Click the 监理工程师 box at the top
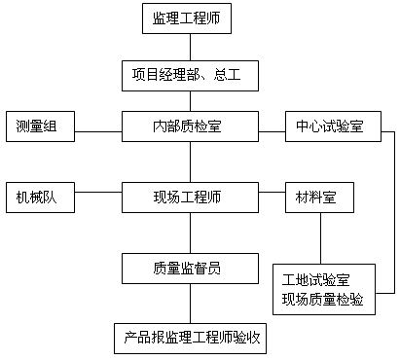click(187, 18)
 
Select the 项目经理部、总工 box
click(190, 76)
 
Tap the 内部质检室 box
click(190, 126)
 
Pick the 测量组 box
click(40, 126)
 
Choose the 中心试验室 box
click(333, 126)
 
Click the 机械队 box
click(40, 198)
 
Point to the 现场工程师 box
click(190, 198)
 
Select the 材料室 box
click(319, 198)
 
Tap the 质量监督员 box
click(190, 269)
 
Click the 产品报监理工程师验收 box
click(190, 339)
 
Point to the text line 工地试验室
click(315, 280)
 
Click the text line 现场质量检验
click(322, 299)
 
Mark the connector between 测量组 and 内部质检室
click(98, 131)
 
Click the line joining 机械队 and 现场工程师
click(98, 192)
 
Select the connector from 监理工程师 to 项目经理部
click(190, 47)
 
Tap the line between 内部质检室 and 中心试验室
click(272, 131)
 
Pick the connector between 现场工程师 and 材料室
click(272, 192)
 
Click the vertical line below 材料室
click(321, 238)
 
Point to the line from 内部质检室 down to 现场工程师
click(190, 162)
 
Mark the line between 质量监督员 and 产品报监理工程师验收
click(190, 304)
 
